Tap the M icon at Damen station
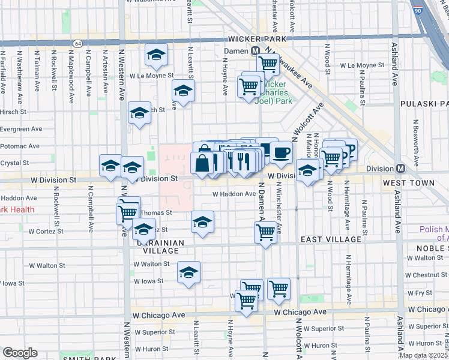click(255, 52)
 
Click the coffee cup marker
click(280, 152)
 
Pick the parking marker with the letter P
click(351, 148)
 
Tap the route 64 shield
click(78, 44)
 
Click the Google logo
click(20, 353)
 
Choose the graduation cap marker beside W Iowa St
click(188, 273)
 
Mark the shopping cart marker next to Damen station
click(268, 63)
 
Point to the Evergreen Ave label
click(21, 128)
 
